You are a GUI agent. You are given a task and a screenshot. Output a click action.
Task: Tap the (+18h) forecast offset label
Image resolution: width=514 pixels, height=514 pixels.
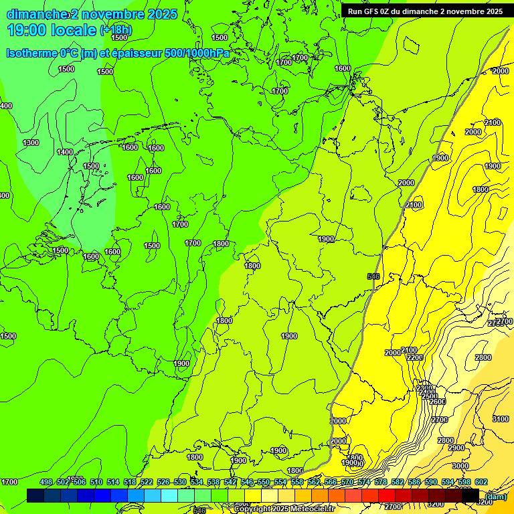tap(116, 30)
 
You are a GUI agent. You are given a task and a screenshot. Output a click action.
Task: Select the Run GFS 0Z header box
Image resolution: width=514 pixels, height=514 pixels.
tap(426, 11)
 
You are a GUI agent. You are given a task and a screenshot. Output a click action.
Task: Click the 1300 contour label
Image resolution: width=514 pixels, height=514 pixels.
tap(31, 143)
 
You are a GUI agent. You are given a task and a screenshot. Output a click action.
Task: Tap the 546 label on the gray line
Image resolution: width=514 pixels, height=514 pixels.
tap(373, 276)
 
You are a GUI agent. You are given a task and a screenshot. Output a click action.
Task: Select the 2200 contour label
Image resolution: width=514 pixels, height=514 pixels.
tap(415, 358)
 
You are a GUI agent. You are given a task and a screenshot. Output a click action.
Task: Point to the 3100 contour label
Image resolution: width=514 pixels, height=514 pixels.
tap(500, 419)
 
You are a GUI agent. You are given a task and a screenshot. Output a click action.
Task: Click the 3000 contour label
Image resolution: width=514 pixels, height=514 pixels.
tap(460, 466)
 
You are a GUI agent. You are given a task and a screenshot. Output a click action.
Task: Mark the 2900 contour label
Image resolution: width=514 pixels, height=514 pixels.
tap(456, 448)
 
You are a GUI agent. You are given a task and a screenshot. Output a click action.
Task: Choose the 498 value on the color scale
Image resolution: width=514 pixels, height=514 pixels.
tap(46, 482)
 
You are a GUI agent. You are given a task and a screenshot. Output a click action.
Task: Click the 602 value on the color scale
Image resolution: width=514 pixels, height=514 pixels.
tap(481, 482)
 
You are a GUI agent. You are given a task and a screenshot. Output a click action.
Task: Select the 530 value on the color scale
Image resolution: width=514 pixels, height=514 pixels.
tap(180, 482)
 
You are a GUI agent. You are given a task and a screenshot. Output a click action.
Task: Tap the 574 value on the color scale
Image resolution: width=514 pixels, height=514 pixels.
tap(364, 482)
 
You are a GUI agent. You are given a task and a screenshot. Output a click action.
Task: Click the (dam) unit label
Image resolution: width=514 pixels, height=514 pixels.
tap(496, 496)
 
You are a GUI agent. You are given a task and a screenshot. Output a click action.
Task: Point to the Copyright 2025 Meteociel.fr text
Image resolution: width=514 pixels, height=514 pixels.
tap(284, 509)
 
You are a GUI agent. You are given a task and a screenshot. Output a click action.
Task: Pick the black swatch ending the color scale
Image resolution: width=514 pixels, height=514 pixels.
tap(470, 495)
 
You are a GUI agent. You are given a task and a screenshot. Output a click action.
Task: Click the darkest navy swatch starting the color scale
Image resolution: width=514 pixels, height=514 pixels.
tap(35, 495)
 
